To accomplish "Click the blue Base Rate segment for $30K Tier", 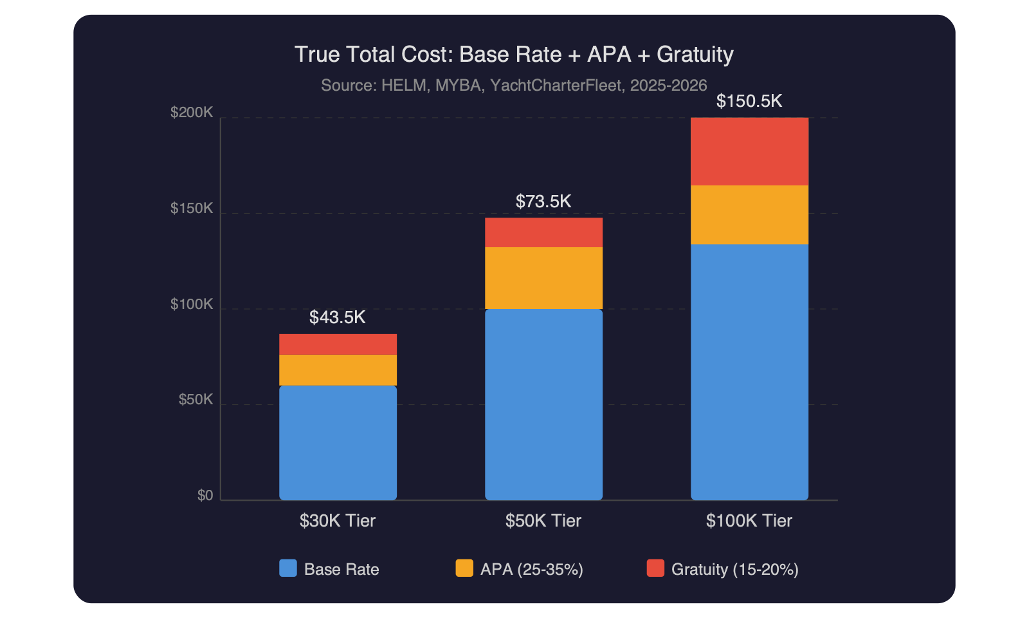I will coord(338,443).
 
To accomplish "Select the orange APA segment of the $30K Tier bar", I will coord(338,370).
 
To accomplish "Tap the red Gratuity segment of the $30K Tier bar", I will coord(338,344).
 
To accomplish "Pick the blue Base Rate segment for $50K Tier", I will coord(543,404).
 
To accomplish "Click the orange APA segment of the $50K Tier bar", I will coord(543,278).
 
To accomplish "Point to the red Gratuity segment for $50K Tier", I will coord(543,232).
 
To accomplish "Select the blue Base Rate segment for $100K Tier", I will coord(749,372).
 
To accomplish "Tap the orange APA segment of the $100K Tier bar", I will coord(749,215).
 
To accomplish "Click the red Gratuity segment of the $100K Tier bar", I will coord(749,151).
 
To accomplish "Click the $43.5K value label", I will coord(338,317).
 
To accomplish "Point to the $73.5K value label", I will coord(543,201).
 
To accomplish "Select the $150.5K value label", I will coord(749,101).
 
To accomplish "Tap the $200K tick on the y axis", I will coord(192,113).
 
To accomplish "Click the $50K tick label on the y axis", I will coord(196,400).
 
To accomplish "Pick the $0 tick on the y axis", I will coord(205,496).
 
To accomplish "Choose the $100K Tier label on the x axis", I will coord(749,521).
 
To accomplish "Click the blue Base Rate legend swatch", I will coord(288,568).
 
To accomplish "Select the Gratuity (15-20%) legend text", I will coord(734,569).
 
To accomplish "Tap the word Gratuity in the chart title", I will coord(695,55).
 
